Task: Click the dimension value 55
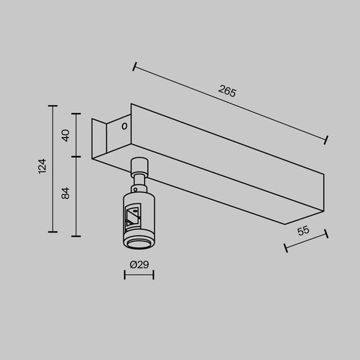303,231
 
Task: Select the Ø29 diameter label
138,265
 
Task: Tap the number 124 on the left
42,167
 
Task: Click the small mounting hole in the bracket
124,126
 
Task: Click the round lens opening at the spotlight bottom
138,244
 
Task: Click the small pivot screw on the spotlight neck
138,188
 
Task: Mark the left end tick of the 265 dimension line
135,65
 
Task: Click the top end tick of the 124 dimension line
52,105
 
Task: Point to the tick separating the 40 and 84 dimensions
76,155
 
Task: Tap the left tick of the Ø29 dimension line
123,275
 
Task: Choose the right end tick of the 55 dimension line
327,234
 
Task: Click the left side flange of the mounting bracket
97,139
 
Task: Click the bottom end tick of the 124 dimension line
52,231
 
